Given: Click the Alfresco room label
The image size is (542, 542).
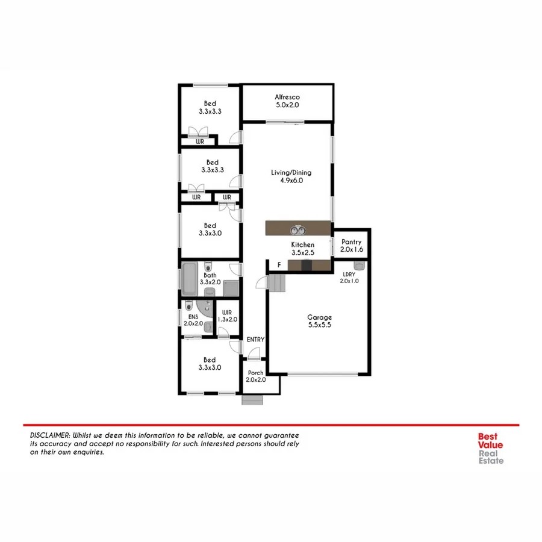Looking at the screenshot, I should click(287, 97).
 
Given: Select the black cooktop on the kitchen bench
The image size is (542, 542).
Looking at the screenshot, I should click(307, 266).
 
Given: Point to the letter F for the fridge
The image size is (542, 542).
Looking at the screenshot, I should click(278, 265).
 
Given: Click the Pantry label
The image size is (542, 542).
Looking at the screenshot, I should click(352, 241).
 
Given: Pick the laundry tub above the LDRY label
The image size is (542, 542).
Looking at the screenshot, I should click(359, 266).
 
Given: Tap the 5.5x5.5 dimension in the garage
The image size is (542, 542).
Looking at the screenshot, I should click(319, 325).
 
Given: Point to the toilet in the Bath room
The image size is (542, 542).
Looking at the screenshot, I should click(208, 267).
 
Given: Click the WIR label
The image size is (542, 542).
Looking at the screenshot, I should click(226, 312).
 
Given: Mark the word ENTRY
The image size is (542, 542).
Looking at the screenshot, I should click(255, 340).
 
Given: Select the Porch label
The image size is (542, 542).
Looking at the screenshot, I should click(255, 373).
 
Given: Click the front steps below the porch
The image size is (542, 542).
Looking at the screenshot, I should click(253, 400).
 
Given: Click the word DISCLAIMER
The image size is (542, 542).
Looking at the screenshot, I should click(50, 435).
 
